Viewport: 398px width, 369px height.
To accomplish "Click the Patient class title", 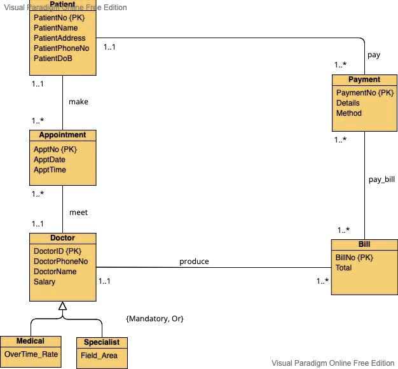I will pyautogui.click(x=62, y=5).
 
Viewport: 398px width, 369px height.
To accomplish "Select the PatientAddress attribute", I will pyautogui.click(x=59, y=38).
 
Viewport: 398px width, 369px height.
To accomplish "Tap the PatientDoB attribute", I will pyautogui.click(x=53, y=59).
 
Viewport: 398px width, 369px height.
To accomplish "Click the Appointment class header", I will pyautogui.click(x=62, y=135).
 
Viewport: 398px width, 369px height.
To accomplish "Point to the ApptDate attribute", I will pyautogui.click(x=50, y=160).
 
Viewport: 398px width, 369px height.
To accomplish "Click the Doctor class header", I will pyautogui.click(x=62, y=238).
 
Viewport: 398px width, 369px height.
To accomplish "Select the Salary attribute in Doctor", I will pyautogui.click(x=45, y=281).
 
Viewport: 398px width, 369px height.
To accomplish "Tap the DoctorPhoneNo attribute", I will pyautogui.click(x=60, y=261).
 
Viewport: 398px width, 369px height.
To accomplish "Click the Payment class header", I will pyautogui.click(x=364, y=80).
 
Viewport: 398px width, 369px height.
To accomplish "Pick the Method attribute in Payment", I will pyautogui.click(x=348, y=113).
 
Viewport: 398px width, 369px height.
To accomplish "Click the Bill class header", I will pyautogui.click(x=364, y=244).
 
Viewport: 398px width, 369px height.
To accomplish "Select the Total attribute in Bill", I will pyautogui.click(x=343, y=268).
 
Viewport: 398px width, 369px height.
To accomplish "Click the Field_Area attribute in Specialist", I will pyautogui.click(x=99, y=356).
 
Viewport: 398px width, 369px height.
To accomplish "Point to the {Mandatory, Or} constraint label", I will pyautogui.click(x=155, y=318).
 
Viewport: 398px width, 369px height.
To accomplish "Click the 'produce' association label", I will pyautogui.click(x=194, y=261).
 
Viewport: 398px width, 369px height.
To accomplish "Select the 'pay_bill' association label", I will pyautogui.click(x=381, y=179).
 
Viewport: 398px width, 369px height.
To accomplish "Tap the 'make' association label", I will pyautogui.click(x=78, y=102).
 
